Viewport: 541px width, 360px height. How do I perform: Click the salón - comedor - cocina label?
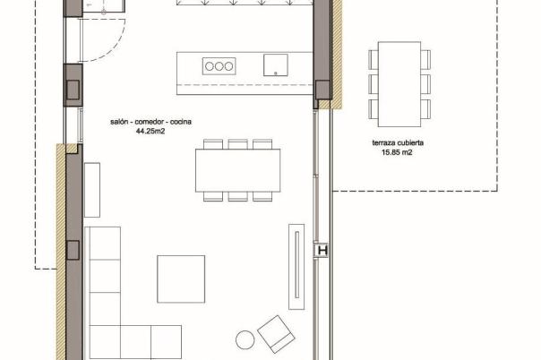(x=150, y=122)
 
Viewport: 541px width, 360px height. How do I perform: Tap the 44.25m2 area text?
(x=150, y=131)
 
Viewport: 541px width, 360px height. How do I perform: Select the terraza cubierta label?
(x=398, y=142)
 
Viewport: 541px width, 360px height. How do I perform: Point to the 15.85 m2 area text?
(x=397, y=152)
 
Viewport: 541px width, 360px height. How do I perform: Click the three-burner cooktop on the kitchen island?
(x=219, y=66)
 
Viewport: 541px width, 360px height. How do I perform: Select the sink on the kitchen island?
(x=276, y=64)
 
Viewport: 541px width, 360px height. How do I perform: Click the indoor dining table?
(x=237, y=170)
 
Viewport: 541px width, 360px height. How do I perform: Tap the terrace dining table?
(x=399, y=84)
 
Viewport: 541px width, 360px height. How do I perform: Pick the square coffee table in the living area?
(x=181, y=279)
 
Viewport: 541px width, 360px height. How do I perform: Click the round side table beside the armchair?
(x=245, y=339)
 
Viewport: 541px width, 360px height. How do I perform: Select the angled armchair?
(x=276, y=334)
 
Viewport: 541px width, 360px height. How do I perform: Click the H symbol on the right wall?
(x=322, y=251)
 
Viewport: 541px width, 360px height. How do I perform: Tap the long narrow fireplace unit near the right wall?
(x=296, y=267)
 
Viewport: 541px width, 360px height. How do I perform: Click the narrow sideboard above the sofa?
(x=92, y=190)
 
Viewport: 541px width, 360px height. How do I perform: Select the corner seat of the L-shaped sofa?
(x=105, y=341)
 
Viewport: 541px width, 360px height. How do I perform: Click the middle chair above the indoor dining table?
(x=237, y=144)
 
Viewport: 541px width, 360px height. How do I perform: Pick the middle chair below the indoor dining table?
(x=237, y=196)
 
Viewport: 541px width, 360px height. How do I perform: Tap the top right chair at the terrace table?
(x=425, y=60)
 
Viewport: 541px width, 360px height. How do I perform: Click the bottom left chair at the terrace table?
(x=374, y=109)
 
